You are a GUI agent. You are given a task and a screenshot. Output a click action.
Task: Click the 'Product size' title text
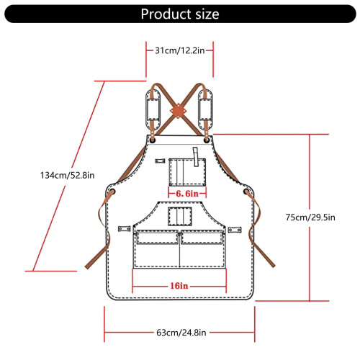[180, 14]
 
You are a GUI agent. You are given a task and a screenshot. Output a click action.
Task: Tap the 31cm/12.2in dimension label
[180, 50]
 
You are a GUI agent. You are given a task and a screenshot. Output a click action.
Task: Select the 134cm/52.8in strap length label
[67, 175]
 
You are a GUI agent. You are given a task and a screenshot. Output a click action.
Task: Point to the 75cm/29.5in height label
[310, 217]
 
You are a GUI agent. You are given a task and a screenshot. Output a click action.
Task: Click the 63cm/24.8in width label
[181, 333]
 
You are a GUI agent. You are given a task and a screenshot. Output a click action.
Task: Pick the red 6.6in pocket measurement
[187, 194]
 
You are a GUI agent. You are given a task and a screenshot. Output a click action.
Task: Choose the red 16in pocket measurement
[179, 286]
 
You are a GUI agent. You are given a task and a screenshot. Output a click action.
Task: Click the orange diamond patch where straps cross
[179, 111]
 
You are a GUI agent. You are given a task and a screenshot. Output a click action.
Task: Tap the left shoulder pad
[153, 109]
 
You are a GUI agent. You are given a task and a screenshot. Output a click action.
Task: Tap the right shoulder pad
[205, 109]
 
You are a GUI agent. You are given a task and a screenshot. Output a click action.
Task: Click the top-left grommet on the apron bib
[153, 140]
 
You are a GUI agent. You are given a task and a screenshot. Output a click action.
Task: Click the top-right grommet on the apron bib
[207, 140]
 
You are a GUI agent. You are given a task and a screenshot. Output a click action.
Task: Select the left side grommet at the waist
[112, 192]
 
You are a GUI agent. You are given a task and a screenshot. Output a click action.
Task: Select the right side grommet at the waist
[247, 192]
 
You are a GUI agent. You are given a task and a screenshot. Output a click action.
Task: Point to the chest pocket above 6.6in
[187, 172]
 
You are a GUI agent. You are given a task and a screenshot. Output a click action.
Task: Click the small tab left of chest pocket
[160, 161]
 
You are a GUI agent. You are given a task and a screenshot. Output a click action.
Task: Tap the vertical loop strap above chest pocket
[196, 157]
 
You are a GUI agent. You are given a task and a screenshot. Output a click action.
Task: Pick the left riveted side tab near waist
[125, 229]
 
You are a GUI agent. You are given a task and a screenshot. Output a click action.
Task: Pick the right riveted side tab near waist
[235, 230]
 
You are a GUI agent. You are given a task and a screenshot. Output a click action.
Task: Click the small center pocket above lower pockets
[180, 217]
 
